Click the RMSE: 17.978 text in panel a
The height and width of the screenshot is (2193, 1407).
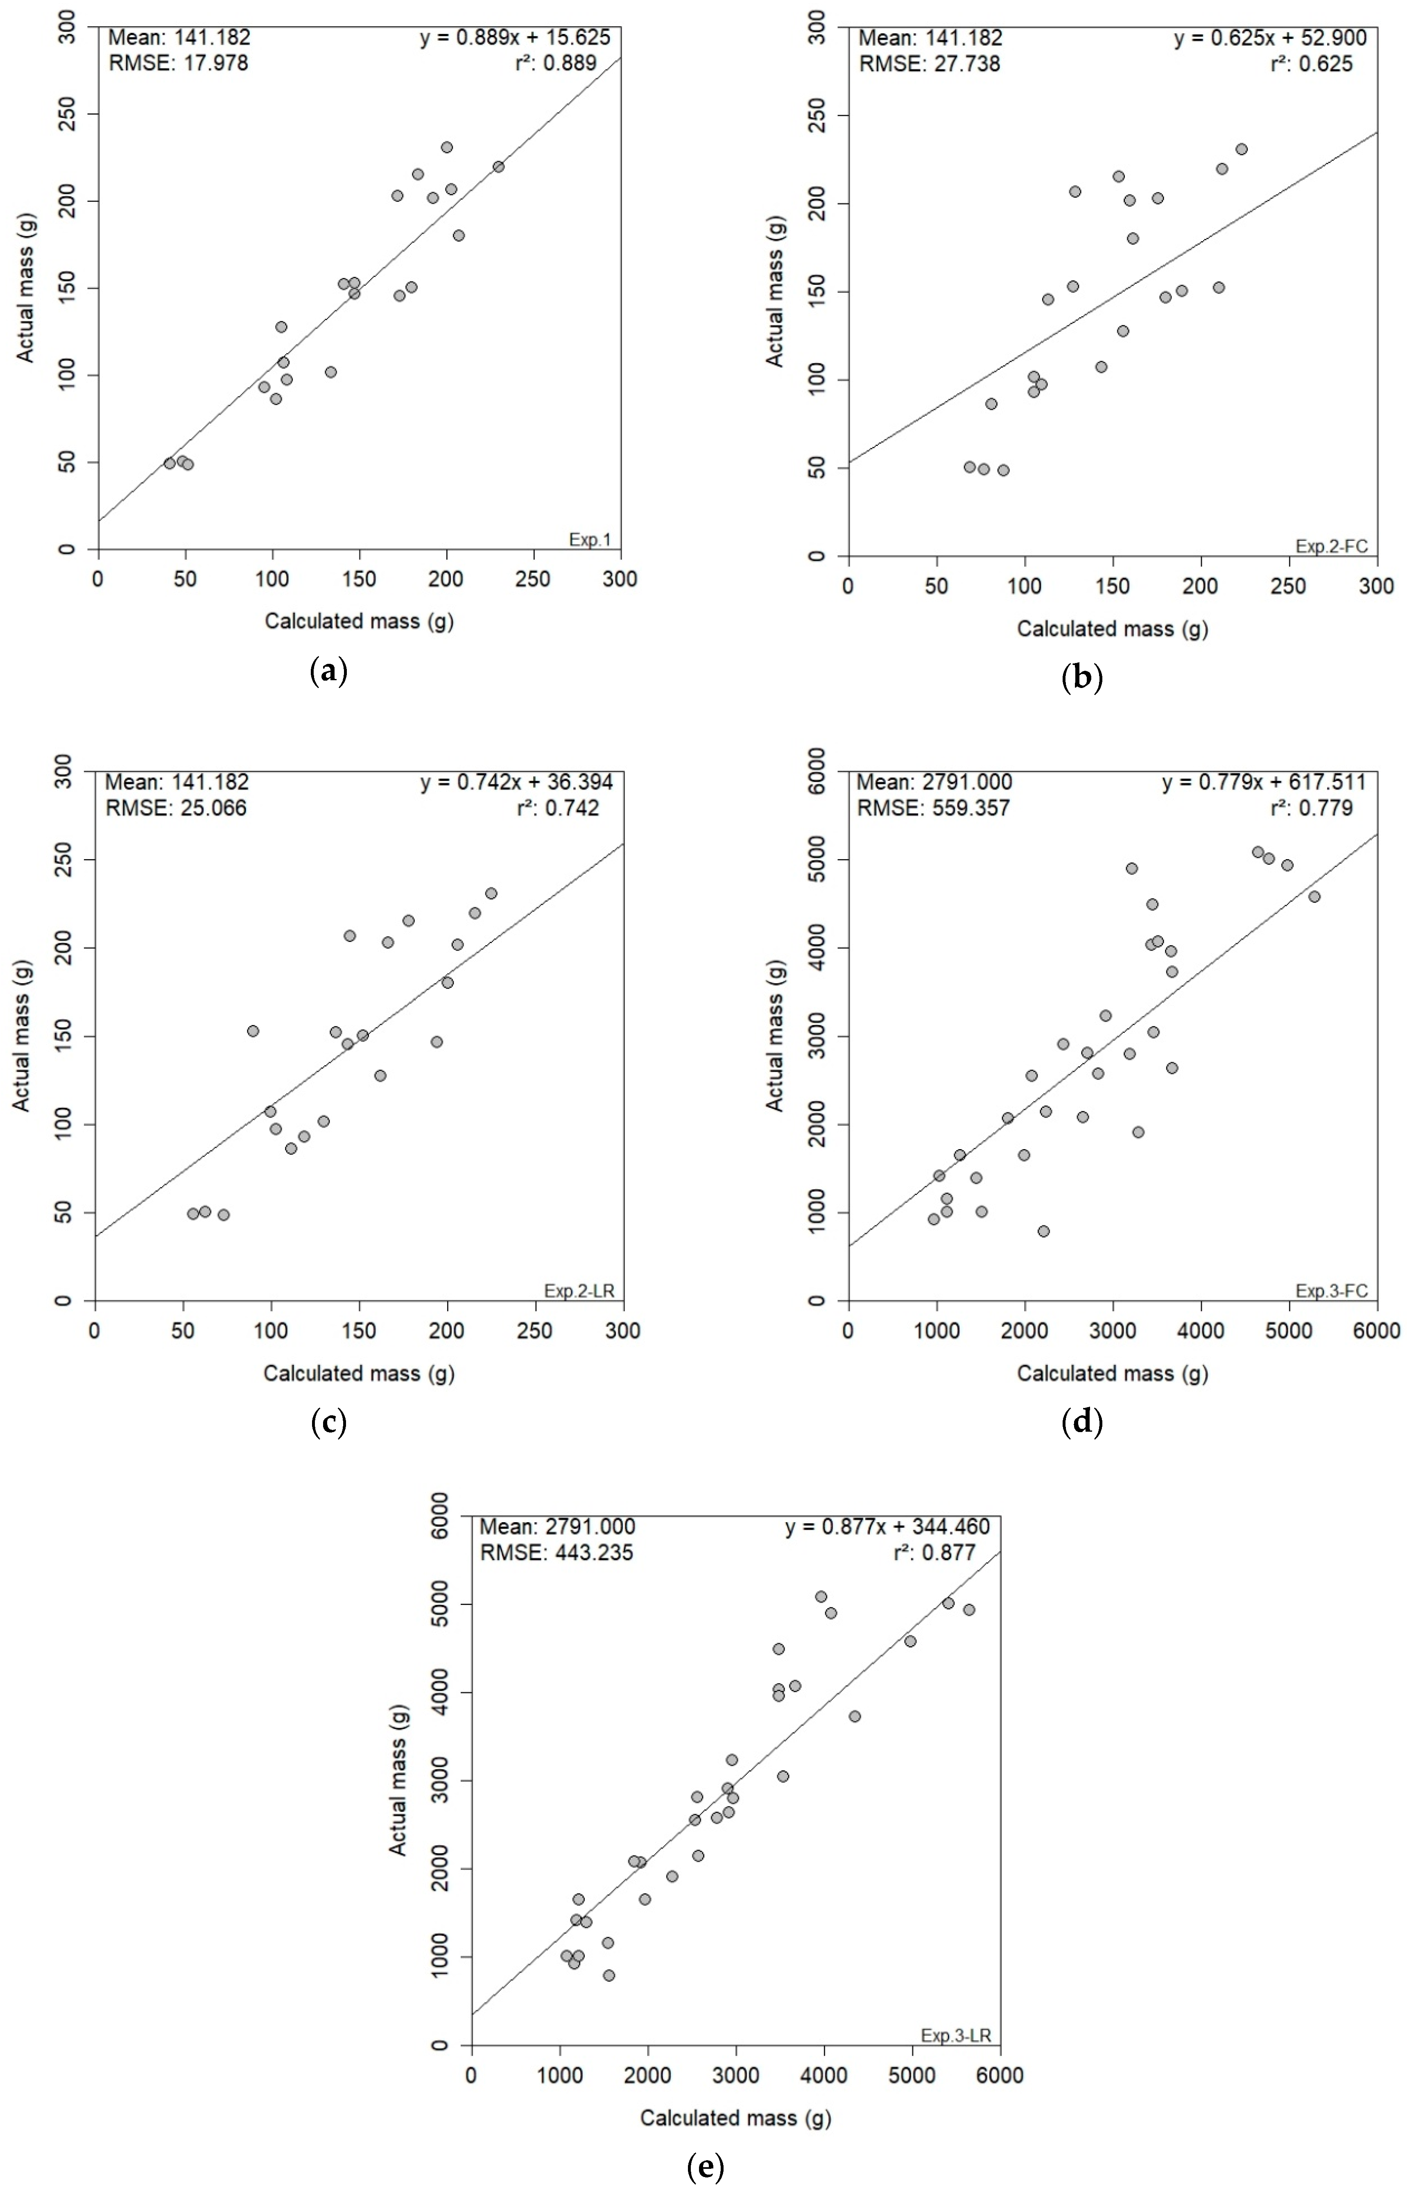click(178, 63)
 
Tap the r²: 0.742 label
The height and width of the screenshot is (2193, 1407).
click(557, 808)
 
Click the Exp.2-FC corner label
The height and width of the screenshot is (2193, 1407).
click(1331, 546)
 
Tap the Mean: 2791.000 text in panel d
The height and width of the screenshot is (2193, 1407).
click(934, 782)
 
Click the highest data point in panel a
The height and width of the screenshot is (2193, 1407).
click(447, 147)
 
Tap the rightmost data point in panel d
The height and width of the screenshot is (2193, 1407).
click(1314, 896)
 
